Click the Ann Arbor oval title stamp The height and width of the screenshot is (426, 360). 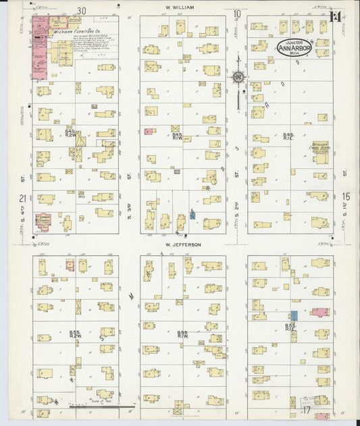(x=294, y=47)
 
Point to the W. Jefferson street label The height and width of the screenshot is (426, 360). (x=183, y=245)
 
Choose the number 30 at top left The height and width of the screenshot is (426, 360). (x=82, y=10)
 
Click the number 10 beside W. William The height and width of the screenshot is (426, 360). (x=237, y=14)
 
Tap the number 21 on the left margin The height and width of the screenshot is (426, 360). (x=23, y=198)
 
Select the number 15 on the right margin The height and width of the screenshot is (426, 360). (x=346, y=196)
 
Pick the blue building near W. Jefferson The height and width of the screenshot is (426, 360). (x=192, y=215)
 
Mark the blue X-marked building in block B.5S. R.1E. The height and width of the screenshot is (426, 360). (x=294, y=315)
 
